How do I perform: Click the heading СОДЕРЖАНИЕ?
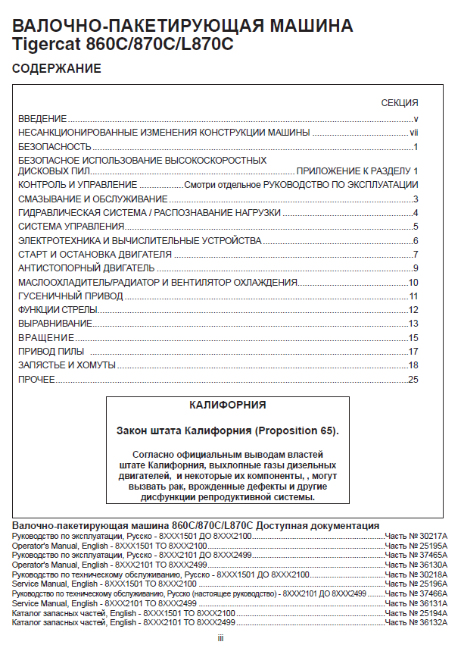pos(57,69)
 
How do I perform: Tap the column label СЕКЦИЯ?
pos(400,103)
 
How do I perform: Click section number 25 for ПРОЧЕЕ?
pos(413,379)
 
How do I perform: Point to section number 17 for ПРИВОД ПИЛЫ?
pos(413,352)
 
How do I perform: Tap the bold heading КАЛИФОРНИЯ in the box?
pos(227,405)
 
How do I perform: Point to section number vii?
pos(414,133)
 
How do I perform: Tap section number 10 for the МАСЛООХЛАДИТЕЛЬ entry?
pos(413,283)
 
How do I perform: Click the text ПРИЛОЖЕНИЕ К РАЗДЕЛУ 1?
pos(357,171)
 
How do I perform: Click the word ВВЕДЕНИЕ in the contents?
pos(42,119)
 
